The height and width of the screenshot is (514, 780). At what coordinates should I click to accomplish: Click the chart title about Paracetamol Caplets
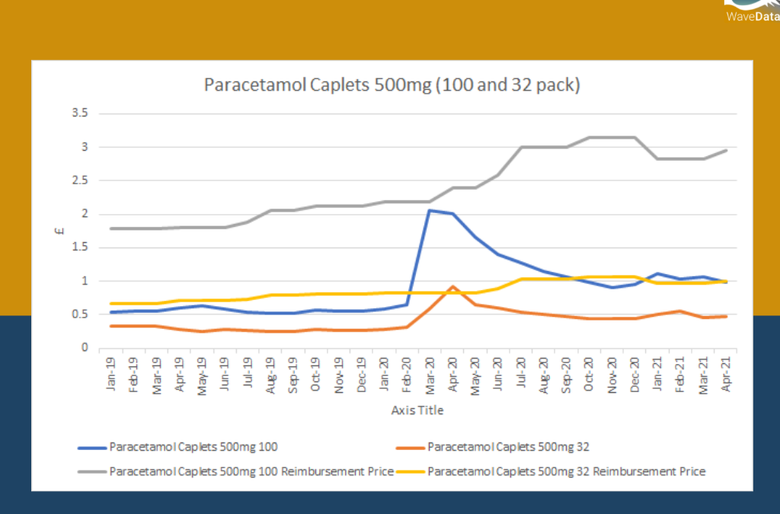click(x=392, y=85)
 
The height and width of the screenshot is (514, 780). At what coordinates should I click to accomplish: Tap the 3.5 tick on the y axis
click(x=79, y=113)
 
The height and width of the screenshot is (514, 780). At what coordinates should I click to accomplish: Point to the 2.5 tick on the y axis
click(x=79, y=180)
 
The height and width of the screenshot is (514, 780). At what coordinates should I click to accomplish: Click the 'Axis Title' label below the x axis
click(x=417, y=410)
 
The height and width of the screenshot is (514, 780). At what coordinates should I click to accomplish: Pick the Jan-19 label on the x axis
click(x=112, y=374)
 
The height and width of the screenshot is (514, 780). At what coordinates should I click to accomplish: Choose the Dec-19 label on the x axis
click(x=361, y=374)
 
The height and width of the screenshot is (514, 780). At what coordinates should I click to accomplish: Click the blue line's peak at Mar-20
click(x=429, y=210)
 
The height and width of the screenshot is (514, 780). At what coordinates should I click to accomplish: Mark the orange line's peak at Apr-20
click(x=452, y=287)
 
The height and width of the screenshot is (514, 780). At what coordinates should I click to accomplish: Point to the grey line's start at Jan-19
click(x=112, y=228)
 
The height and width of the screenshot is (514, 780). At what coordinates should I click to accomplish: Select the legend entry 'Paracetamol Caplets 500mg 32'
click(x=508, y=446)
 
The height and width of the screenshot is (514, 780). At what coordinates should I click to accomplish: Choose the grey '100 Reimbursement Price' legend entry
click(x=251, y=471)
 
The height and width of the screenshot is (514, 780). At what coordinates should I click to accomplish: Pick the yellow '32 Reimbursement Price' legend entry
click(x=566, y=471)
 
